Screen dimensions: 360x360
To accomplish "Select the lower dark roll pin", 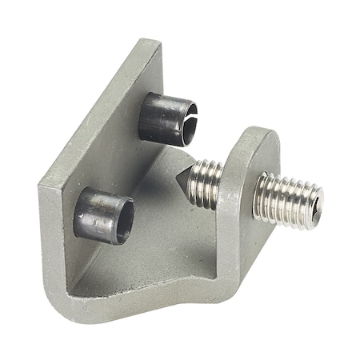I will click(x=102, y=215).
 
